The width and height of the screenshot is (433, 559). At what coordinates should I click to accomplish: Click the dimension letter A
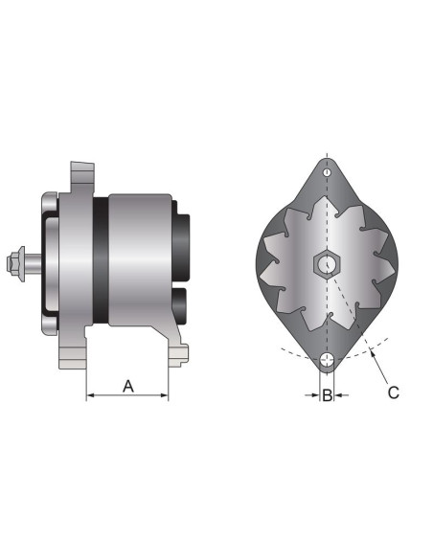(127, 386)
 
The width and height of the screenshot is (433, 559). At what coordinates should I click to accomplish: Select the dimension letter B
(327, 393)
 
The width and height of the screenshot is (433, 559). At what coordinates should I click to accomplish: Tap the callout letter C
(394, 391)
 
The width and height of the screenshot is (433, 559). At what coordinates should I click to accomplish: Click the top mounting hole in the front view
(327, 173)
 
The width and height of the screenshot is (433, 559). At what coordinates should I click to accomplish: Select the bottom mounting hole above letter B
(327, 361)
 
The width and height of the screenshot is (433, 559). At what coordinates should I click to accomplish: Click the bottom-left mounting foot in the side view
(72, 358)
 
